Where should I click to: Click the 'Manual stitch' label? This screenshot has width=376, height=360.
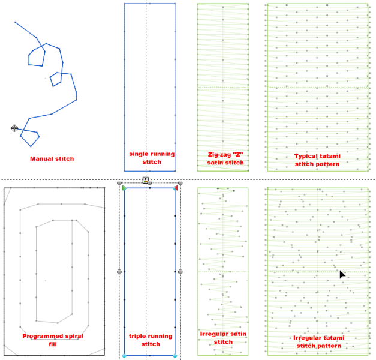pos(52,158)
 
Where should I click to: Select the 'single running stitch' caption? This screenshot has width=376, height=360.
pos(152,158)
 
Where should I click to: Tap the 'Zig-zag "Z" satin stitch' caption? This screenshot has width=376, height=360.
pos(222,158)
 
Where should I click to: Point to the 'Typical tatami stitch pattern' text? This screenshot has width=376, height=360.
pos(317,160)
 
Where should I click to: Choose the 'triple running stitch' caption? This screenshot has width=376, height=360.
pos(151,340)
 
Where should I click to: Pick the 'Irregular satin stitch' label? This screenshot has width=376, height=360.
pos(223,338)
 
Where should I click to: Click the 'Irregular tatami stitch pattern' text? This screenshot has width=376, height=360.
pos(317,342)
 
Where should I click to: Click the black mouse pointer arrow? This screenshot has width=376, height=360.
pos(342,274)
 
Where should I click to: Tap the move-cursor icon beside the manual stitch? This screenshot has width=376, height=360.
pos(14,128)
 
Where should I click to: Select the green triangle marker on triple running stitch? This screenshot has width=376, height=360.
pos(124,188)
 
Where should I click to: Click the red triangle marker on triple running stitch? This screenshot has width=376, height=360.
pos(176,188)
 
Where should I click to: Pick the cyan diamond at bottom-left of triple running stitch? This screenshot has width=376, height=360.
pos(124,356)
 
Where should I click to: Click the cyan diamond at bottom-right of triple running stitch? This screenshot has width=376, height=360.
pos(175,356)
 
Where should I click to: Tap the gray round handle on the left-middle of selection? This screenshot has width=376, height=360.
pos(119,272)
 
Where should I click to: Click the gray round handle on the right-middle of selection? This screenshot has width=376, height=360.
pos(181,272)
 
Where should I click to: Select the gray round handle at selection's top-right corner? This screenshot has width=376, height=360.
pos(181,182)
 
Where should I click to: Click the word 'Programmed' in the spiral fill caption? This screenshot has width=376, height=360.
pos(43,336)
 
